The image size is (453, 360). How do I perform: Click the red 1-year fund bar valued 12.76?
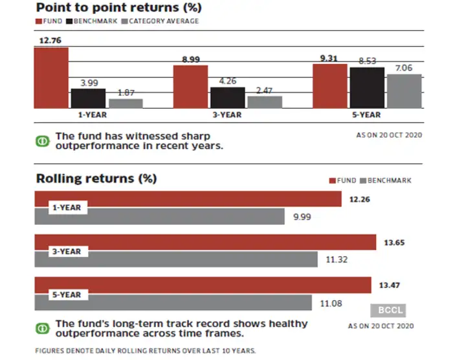pyautogui.click(x=51, y=77)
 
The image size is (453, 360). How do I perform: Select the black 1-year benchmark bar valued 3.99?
pyautogui.click(x=88, y=98)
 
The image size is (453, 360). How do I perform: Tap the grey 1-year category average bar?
pyautogui.click(x=126, y=103)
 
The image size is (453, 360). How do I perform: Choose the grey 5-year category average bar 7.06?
pyautogui.click(x=404, y=91)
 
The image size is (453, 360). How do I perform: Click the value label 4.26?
pyautogui.click(x=227, y=82)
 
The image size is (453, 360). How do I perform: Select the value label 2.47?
pyautogui.click(x=265, y=91)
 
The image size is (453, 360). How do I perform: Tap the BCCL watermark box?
pyautogui.click(x=388, y=310)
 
